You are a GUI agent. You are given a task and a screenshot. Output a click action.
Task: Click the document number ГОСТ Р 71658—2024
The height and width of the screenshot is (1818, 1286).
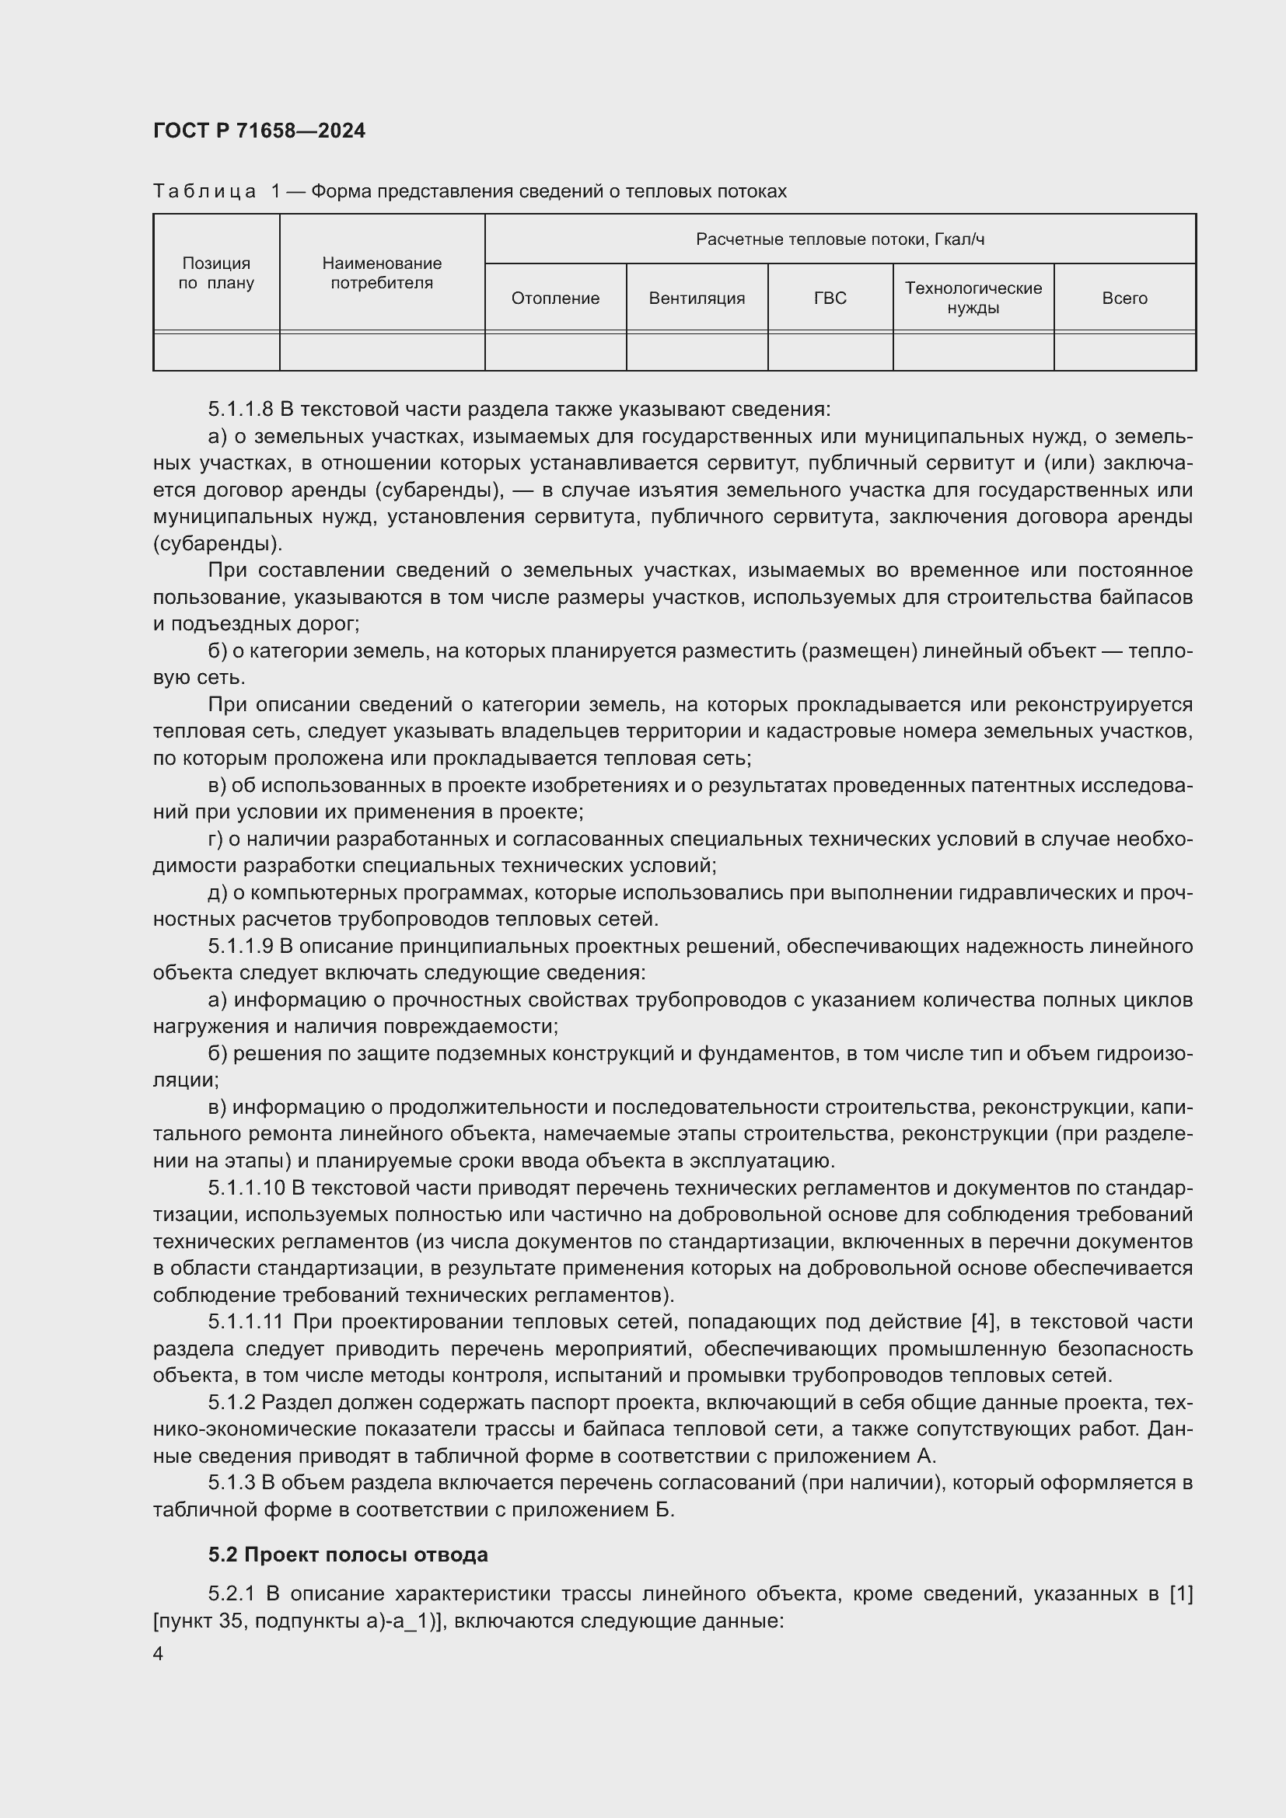pyautogui.click(x=259, y=131)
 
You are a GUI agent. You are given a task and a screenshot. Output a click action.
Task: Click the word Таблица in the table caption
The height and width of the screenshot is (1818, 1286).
pyautogui.click(x=204, y=192)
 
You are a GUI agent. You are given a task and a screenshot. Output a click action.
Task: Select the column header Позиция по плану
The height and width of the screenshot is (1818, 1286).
pyautogui.click(x=216, y=273)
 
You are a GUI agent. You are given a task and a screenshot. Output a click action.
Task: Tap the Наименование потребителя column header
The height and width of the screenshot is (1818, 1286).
pyautogui.click(x=382, y=273)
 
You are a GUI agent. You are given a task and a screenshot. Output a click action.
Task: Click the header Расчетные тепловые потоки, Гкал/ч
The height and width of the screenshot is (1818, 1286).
pyautogui.click(x=840, y=239)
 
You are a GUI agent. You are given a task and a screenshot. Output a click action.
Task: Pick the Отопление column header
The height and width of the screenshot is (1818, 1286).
pyautogui.click(x=555, y=298)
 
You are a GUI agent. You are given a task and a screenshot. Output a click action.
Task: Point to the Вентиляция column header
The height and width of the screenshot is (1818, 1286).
pyautogui.click(x=697, y=298)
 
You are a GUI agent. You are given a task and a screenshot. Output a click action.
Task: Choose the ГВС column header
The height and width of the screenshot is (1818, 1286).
pyautogui.click(x=830, y=298)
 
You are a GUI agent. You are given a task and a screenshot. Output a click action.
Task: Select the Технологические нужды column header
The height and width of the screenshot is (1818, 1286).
pyautogui.click(x=973, y=298)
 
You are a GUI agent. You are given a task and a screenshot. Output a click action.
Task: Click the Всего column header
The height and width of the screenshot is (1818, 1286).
pyautogui.click(x=1124, y=298)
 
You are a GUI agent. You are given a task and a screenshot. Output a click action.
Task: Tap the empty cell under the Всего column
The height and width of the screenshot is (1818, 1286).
pyautogui.click(x=1124, y=351)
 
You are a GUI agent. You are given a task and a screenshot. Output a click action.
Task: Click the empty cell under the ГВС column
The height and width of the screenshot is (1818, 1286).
pyautogui.click(x=830, y=351)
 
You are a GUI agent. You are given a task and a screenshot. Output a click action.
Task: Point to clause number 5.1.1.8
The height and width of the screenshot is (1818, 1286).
pyautogui.click(x=241, y=410)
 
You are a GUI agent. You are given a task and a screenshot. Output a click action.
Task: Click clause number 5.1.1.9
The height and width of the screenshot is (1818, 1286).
pyautogui.click(x=241, y=946)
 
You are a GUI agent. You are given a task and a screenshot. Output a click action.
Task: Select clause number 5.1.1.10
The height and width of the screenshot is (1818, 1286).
pyautogui.click(x=246, y=1188)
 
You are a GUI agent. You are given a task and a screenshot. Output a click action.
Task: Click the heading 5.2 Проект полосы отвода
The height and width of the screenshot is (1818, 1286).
pyautogui.click(x=348, y=1555)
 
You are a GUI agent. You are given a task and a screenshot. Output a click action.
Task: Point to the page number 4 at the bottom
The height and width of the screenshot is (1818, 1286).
pyautogui.click(x=159, y=1654)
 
